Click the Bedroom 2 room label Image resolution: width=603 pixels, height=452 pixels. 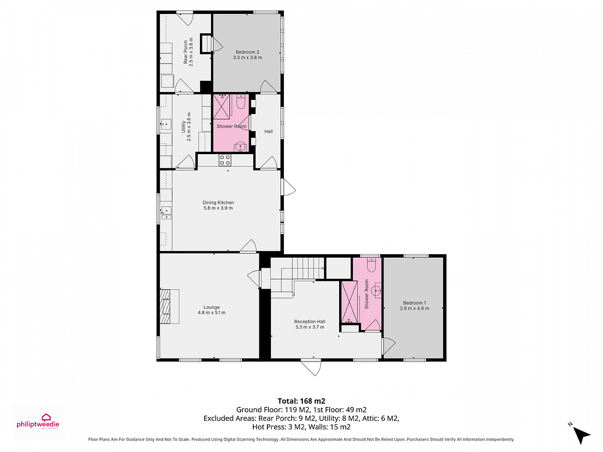point(247,52)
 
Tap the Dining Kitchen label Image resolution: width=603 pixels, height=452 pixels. point(218,202)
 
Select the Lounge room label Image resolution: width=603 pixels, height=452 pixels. point(212,307)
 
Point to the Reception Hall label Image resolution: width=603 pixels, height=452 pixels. point(310,321)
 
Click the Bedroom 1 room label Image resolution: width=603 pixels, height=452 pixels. point(414,303)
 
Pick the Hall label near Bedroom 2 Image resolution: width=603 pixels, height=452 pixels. point(268,132)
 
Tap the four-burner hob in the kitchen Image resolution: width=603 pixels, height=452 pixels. point(225,160)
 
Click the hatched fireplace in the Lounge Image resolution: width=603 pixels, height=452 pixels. point(166,306)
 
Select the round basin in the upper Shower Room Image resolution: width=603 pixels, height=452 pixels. point(240,146)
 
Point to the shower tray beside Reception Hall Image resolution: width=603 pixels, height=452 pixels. point(349,302)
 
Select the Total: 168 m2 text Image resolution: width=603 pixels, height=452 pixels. point(301,401)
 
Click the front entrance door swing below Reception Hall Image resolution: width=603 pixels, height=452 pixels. point(311,367)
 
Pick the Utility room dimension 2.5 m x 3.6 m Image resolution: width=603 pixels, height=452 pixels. point(189,127)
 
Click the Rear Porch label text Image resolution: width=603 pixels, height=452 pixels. point(185,52)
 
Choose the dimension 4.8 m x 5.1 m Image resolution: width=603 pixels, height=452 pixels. point(212,312)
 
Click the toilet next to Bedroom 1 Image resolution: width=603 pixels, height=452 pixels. point(371,265)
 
